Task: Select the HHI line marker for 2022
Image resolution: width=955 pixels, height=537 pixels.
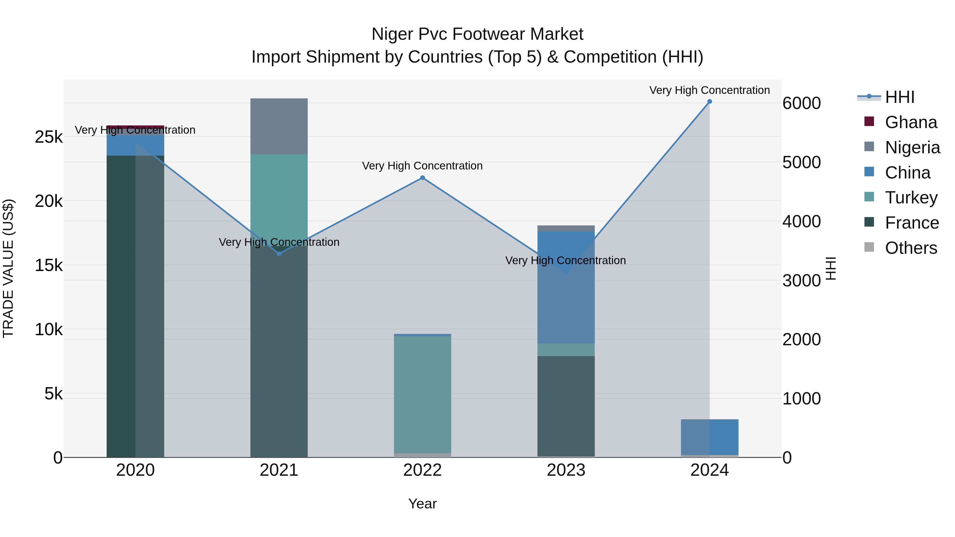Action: (x=422, y=178)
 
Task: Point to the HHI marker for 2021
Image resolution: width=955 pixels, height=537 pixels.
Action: (x=279, y=254)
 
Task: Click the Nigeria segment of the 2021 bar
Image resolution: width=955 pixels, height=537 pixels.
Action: (x=279, y=126)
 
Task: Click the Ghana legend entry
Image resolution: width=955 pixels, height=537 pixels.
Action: (x=910, y=122)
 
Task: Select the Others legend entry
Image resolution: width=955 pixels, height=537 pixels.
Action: (x=910, y=248)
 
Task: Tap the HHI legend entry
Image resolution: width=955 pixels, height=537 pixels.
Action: (x=899, y=97)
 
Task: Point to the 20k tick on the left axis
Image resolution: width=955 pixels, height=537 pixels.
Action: (x=49, y=201)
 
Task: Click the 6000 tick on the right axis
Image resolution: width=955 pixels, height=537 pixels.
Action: (x=801, y=103)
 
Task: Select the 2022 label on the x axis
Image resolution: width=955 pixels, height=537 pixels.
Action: (x=422, y=470)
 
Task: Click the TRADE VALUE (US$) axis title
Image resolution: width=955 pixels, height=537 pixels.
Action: (x=8, y=268)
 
